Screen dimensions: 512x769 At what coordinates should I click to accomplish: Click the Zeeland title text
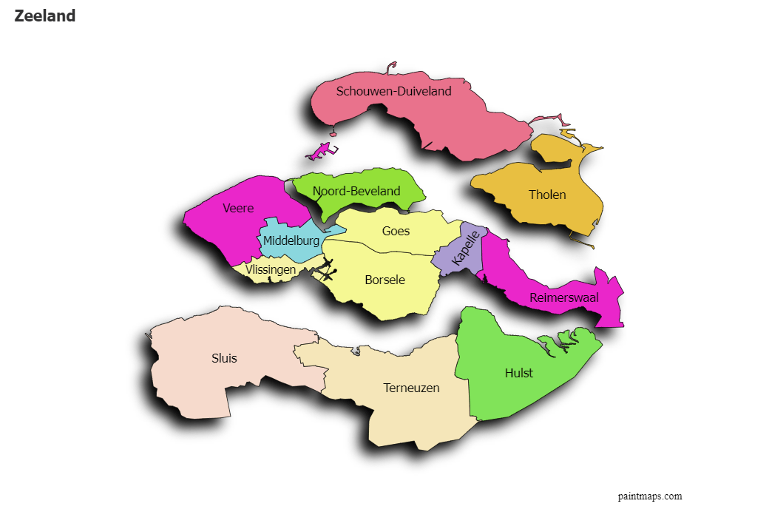pos(44,16)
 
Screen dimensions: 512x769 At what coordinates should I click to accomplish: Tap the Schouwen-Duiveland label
pos(393,92)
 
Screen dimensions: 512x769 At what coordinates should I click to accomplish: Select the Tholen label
pos(547,195)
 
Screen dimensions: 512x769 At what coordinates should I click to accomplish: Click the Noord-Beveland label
pos(356,191)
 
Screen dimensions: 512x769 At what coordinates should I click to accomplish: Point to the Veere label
pos(238,209)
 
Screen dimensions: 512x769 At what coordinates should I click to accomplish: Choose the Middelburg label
pos(291,240)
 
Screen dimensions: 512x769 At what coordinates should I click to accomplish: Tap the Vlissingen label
pos(271,270)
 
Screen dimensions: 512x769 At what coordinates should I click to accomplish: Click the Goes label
pos(396,231)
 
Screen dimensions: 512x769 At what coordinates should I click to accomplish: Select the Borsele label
pos(384,280)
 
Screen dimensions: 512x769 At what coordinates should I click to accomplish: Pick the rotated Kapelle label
pos(466,249)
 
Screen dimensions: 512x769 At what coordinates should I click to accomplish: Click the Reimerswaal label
pos(564,298)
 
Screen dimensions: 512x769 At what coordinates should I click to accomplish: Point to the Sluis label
pos(224,358)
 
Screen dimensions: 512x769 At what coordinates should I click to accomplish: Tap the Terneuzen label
pos(411,388)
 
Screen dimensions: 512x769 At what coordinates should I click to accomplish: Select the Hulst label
pos(518,373)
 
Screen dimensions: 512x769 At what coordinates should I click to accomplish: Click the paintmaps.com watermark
pos(650,496)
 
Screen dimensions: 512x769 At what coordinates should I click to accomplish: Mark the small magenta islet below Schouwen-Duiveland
pos(321,152)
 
